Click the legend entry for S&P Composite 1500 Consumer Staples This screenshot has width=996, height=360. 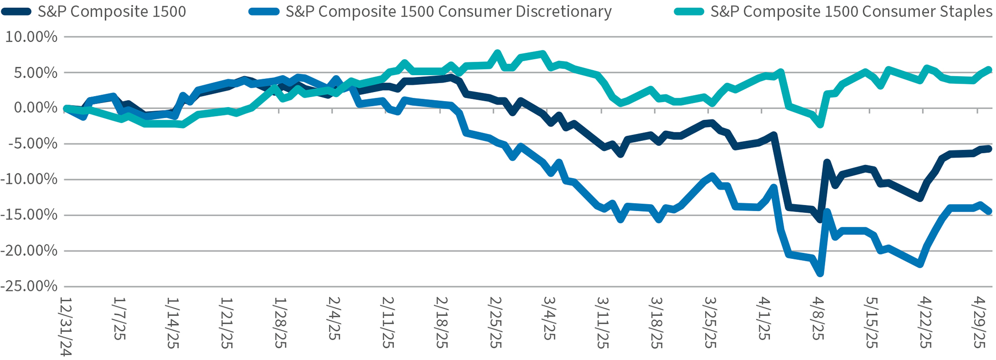pos(851,11)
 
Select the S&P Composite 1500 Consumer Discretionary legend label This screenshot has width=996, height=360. pos(448,11)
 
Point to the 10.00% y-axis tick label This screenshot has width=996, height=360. pos(31,37)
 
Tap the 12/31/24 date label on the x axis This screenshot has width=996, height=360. pos(66,327)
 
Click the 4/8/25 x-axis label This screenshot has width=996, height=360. pos(818,319)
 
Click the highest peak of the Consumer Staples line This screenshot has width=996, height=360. pos(497,53)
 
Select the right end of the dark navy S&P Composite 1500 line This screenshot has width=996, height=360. pos(989,148)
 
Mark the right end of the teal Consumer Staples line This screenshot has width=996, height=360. pos(989,70)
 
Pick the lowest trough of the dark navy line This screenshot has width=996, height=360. pos(820,219)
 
